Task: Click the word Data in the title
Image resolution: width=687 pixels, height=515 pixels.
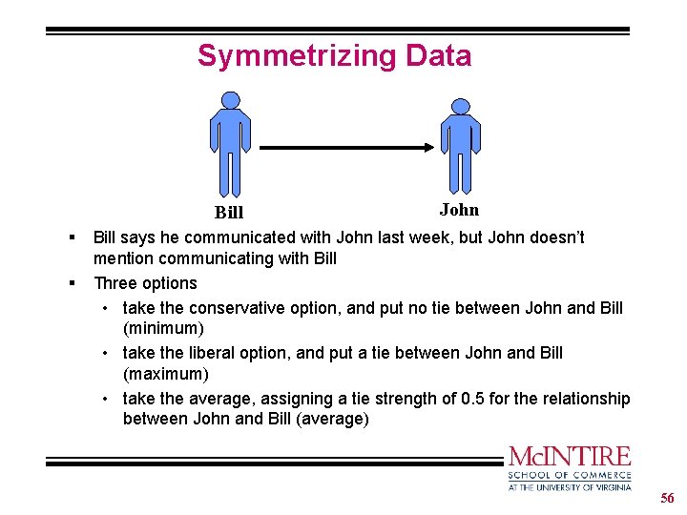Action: pos(438,56)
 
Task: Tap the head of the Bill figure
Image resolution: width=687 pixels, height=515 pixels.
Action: pos(230,99)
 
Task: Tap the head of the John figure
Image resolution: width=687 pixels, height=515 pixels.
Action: pos(461,106)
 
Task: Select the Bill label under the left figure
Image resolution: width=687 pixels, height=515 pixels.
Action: pos(229,213)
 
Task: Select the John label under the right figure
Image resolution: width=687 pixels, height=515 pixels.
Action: pos(459,210)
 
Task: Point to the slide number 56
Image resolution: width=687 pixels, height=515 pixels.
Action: pos(667,499)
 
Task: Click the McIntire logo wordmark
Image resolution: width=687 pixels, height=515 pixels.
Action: pos(570,456)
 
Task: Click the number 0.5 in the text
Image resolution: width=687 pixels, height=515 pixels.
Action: pos(473,399)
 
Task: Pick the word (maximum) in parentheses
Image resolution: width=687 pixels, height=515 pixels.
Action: pos(165,374)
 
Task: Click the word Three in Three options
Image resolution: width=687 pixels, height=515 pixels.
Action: pos(115,283)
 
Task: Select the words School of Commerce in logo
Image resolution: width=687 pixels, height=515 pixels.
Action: pos(570,475)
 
